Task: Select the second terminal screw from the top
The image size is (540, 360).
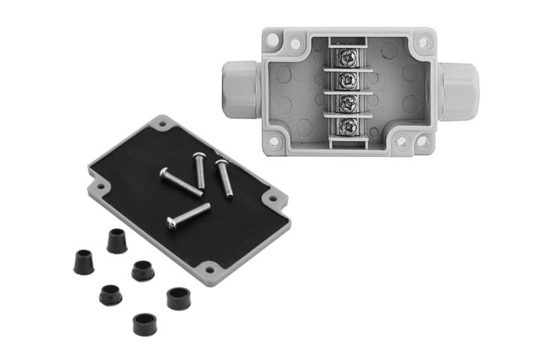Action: click(347, 79)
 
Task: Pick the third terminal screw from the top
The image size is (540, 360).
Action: click(347, 103)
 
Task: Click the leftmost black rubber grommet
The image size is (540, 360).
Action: click(81, 262)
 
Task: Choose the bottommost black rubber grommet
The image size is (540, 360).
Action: click(144, 323)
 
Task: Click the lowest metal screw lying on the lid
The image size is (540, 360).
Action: click(188, 215)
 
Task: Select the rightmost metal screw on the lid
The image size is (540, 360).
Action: click(224, 178)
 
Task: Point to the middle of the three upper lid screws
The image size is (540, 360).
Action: click(201, 169)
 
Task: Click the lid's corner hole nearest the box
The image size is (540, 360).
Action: click(272, 199)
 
